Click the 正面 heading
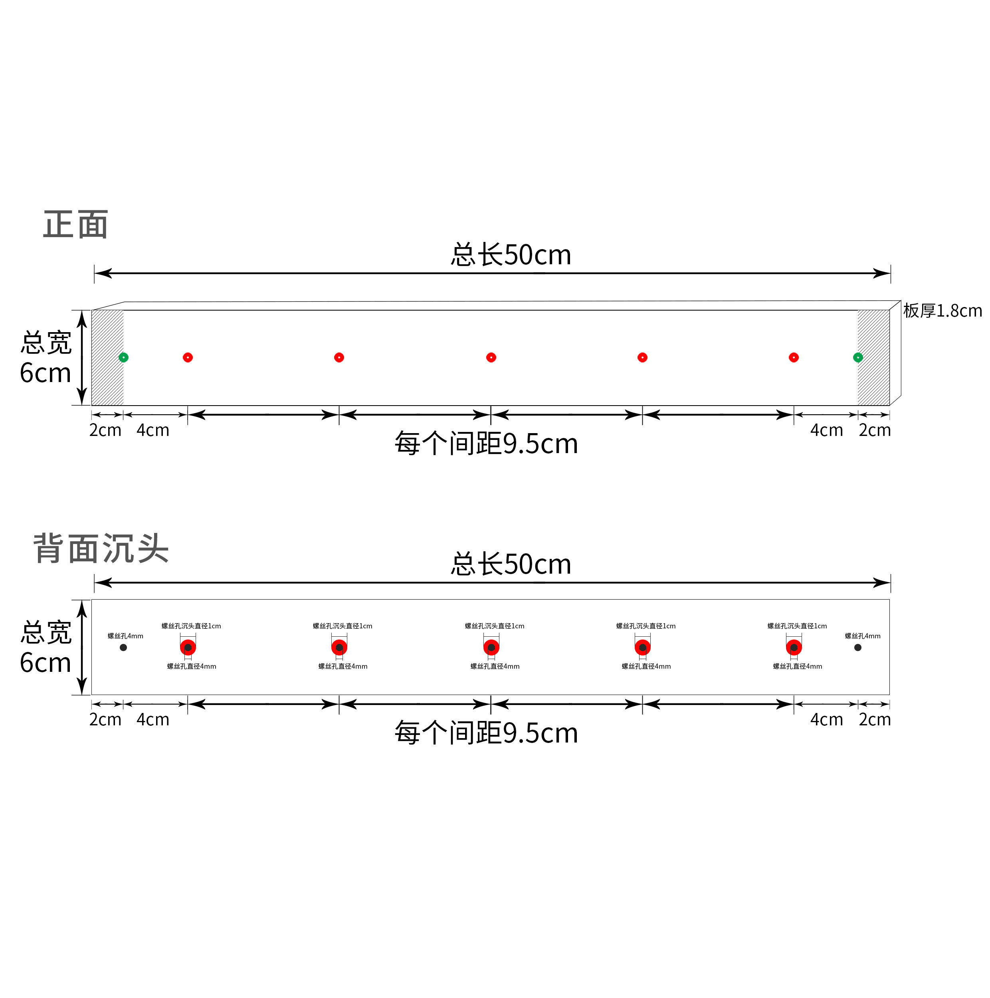(x=75, y=225)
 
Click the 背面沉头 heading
(x=101, y=548)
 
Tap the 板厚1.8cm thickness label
(x=942, y=311)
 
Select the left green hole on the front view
(x=123, y=357)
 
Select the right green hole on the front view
(x=858, y=357)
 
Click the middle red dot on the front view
(x=491, y=357)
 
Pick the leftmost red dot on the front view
(x=188, y=357)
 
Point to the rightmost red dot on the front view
(x=794, y=357)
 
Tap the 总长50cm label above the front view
(x=511, y=255)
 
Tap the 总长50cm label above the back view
(x=511, y=564)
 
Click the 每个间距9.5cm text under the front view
(x=486, y=444)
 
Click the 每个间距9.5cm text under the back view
(x=486, y=733)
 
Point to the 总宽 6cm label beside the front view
(x=46, y=357)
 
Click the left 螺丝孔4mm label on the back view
(x=125, y=636)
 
